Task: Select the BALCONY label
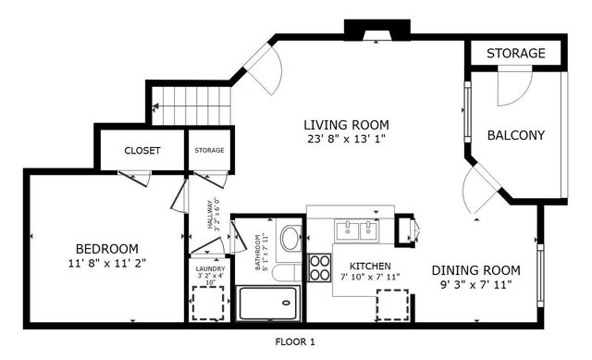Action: [x=516, y=135]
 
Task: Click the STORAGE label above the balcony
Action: [x=515, y=54]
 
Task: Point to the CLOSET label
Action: [x=142, y=150]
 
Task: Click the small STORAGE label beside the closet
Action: [x=208, y=150]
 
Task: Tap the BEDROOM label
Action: [x=106, y=248]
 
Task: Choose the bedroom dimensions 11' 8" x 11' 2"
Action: [x=106, y=263]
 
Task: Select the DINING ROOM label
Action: [x=476, y=270]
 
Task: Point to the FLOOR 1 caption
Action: [x=295, y=342]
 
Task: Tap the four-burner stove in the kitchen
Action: [x=319, y=268]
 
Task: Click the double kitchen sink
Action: [x=356, y=229]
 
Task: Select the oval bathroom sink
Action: [x=290, y=239]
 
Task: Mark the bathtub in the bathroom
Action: [x=268, y=300]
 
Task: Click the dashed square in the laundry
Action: [x=208, y=303]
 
